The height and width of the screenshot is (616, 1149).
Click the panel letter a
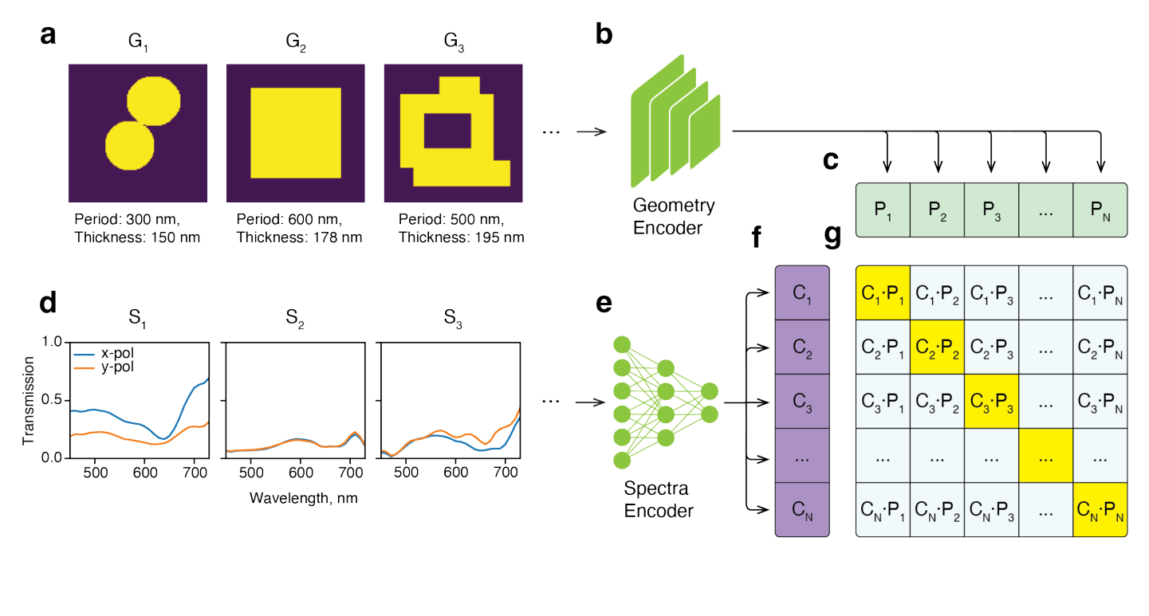point(49,37)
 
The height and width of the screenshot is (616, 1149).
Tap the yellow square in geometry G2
point(296,133)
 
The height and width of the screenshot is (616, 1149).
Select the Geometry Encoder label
point(674,216)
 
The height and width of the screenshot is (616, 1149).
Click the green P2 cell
point(937,210)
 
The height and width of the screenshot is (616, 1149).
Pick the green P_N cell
point(1100,210)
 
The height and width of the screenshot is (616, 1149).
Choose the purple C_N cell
point(803,509)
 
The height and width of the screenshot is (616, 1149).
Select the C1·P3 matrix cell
point(991,292)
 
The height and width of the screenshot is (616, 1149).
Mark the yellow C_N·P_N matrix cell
point(1100,509)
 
